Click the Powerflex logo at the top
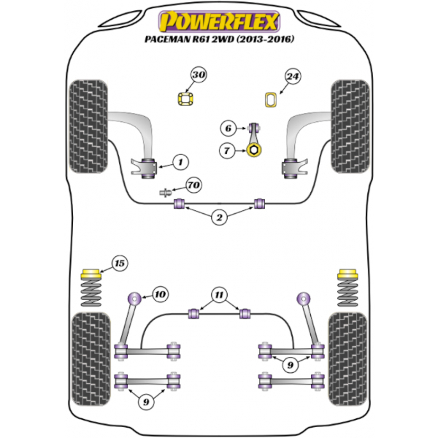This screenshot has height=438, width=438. click(x=219, y=21)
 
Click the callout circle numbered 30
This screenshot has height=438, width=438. click(x=199, y=75)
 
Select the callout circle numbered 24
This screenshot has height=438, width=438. click(x=293, y=76)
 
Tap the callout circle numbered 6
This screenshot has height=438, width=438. click(x=228, y=128)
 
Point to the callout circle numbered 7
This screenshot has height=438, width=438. click(x=227, y=151)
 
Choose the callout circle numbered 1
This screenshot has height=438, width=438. click(x=180, y=162)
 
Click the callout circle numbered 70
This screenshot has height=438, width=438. click(x=194, y=185)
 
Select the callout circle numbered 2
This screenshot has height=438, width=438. click(x=219, y=217)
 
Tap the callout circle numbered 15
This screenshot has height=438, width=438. click(x=120, y=264)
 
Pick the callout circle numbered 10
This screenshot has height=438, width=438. click(x=161, y=294)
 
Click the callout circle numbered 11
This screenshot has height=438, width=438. click(x=219, y=295)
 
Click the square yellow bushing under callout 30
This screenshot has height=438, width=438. click(x=185, y=99)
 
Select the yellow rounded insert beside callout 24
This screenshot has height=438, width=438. click(x=271, y=100)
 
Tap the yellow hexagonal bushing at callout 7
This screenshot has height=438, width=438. click(x=254, y=150)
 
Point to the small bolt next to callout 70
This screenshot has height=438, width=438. click(x=166, y=193)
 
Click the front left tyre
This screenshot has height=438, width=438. click(x=88, y=126)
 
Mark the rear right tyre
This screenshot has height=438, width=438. click(x=347, y=359)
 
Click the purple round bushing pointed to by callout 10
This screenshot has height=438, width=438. click(x=134, y=299)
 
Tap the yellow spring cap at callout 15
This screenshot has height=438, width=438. click(x=91, y=274)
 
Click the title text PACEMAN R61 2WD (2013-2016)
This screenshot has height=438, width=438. click(x=219, y=39)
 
